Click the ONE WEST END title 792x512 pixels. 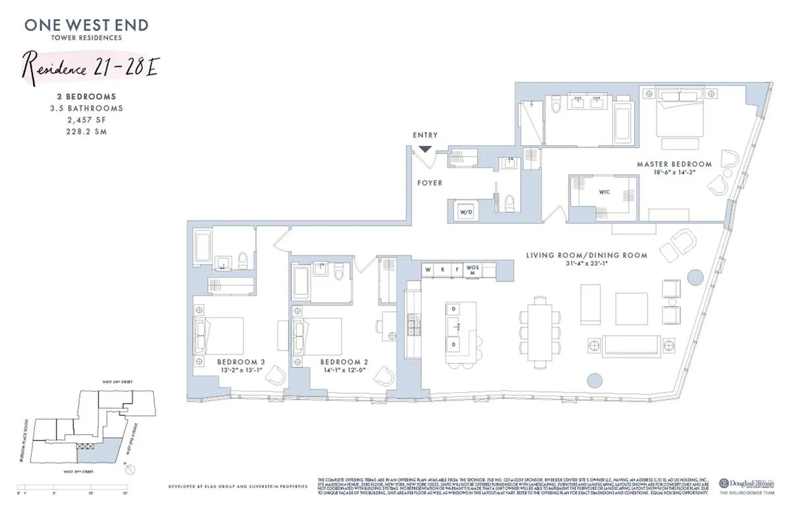[86, 26]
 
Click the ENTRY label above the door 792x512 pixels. [425, 135]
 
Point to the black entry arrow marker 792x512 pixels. [425, 150]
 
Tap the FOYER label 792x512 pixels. [429, 183]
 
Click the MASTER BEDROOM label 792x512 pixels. [674, 164]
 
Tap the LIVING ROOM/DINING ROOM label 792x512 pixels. [586, 255]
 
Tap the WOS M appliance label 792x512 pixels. [471, 270]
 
